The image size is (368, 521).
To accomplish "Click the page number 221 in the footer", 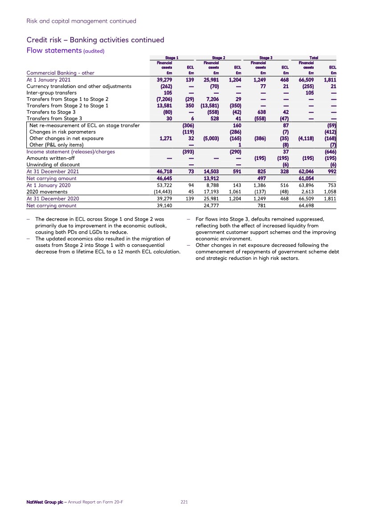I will tap(184, 502).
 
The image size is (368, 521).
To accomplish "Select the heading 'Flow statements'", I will tap(53, 50).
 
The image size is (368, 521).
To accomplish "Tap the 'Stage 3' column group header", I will tap(266, 57).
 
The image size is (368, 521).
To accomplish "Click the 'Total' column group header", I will tap(314, 57).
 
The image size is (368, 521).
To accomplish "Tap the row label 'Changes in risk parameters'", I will tap(62, 132).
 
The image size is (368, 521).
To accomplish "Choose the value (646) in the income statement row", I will tap(330, 152).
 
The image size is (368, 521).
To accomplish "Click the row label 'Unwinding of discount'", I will tap(53, 165).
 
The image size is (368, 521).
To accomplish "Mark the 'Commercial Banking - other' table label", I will tap(61, 73).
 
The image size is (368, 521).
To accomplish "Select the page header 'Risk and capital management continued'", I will tap(82, 21).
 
